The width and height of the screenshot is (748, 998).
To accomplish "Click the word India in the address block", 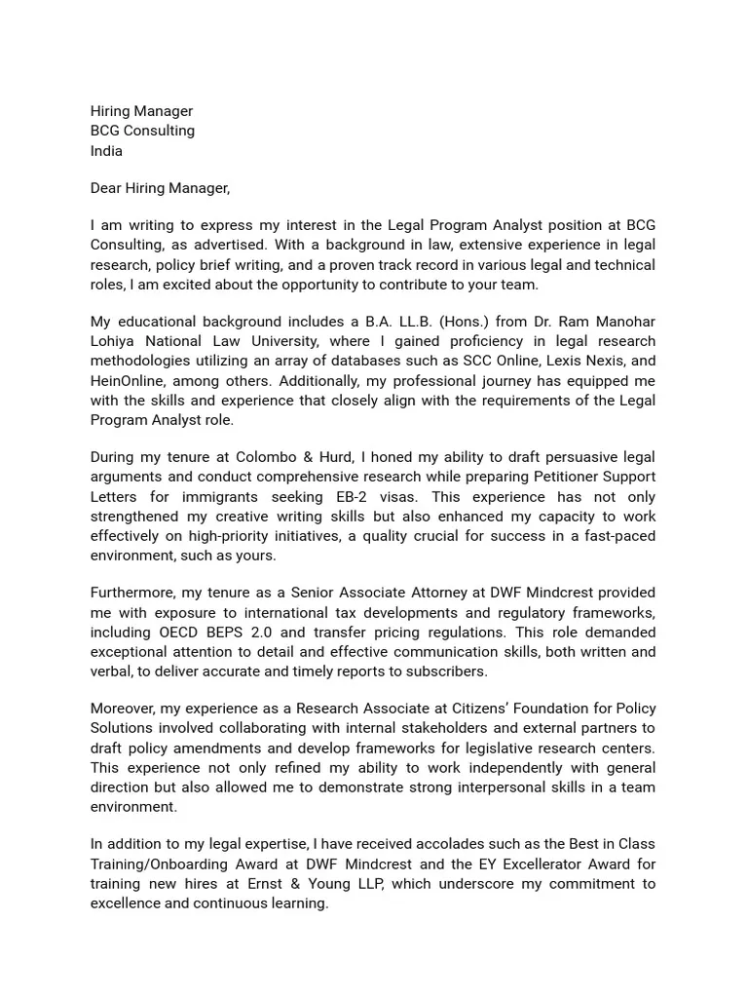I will click(106, 151).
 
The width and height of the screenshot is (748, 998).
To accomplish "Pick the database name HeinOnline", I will click(128, 380).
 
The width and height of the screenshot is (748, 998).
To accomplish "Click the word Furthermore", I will click(131, 593).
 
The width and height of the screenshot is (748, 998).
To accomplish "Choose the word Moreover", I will click(123, 709).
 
